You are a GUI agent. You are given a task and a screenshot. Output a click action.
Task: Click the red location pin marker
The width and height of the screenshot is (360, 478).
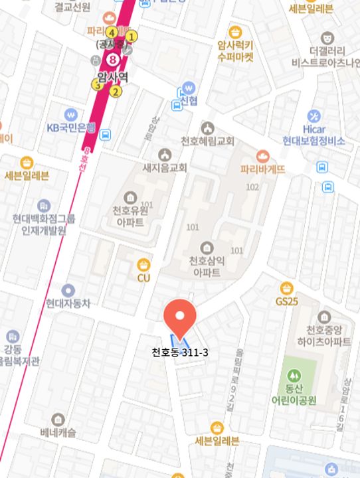pos(180,317)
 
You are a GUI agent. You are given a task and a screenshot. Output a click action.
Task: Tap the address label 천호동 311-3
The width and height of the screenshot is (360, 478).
pos(180,352)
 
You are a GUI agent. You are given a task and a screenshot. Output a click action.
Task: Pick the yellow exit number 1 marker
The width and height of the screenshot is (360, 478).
pos(132,37)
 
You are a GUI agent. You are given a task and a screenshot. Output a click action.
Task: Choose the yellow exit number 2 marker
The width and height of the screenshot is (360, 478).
pos(116,92)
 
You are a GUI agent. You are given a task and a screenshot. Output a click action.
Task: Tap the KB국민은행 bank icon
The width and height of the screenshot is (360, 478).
pos(71,114)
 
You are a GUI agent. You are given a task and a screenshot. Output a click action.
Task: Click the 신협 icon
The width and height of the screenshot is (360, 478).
pos(189,88)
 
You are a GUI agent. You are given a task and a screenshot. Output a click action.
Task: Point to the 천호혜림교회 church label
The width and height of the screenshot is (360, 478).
pos(207,141)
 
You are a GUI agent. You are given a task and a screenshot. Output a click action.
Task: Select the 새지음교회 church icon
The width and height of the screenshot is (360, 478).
pos(165,155)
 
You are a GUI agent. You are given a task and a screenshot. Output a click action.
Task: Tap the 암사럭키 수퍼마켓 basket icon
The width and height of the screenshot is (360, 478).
pos(235,33)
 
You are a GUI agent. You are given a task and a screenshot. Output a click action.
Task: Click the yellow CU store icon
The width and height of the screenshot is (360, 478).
pos(143,266)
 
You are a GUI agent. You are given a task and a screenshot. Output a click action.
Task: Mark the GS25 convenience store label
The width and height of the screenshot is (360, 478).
pos(286,301)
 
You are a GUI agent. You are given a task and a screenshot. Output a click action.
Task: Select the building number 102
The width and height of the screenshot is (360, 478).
pos(252,187)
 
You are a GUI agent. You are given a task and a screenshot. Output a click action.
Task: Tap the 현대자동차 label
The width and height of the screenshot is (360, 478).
pos(68,304)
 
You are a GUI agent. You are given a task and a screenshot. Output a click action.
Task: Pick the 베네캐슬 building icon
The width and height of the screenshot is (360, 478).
pos(58,420)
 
